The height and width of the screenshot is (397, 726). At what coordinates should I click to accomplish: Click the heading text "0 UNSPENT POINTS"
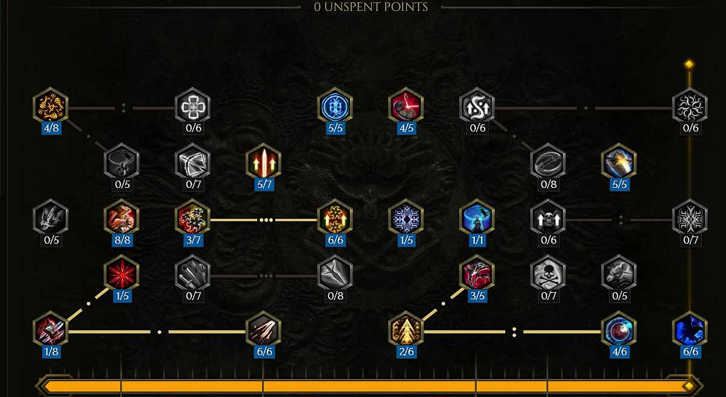pyautogui.click(x=371, y=7)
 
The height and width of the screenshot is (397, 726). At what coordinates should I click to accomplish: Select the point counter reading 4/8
pyautogui.click(x=51, y=128)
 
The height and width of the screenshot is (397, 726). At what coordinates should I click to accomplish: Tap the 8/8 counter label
pyautogui.click(x=123, y=239)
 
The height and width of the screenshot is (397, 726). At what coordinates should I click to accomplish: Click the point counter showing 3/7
pyautogui.click(x=193, y=239)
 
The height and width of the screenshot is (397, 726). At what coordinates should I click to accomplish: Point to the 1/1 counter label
pyautogui.click(x=477, y=239)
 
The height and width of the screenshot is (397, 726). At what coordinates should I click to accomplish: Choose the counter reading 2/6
pyautogui.click(x=406, y=352)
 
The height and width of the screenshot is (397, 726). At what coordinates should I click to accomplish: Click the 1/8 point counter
pyautogui.click(x=51, y=352)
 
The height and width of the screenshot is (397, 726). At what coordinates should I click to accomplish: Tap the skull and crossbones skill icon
pyautogui.click(x=548, y=273)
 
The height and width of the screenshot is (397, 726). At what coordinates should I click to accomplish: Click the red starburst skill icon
pyautogui.click(x=122, y=273)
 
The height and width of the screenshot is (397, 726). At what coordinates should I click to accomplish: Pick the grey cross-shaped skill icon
pyautogui.click(x=193, y=107)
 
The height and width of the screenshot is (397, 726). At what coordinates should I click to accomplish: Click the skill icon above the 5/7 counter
pyautogui.click(x=264, y=162)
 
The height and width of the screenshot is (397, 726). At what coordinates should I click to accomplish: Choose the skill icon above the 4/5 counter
pyautogui.click(x=406, y=107)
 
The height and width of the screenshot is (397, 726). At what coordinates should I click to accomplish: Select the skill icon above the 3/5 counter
pyautogui.click(x=477, y=273)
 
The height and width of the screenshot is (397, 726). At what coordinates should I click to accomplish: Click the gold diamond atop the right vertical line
pyautogui.click(x=690, y=64)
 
